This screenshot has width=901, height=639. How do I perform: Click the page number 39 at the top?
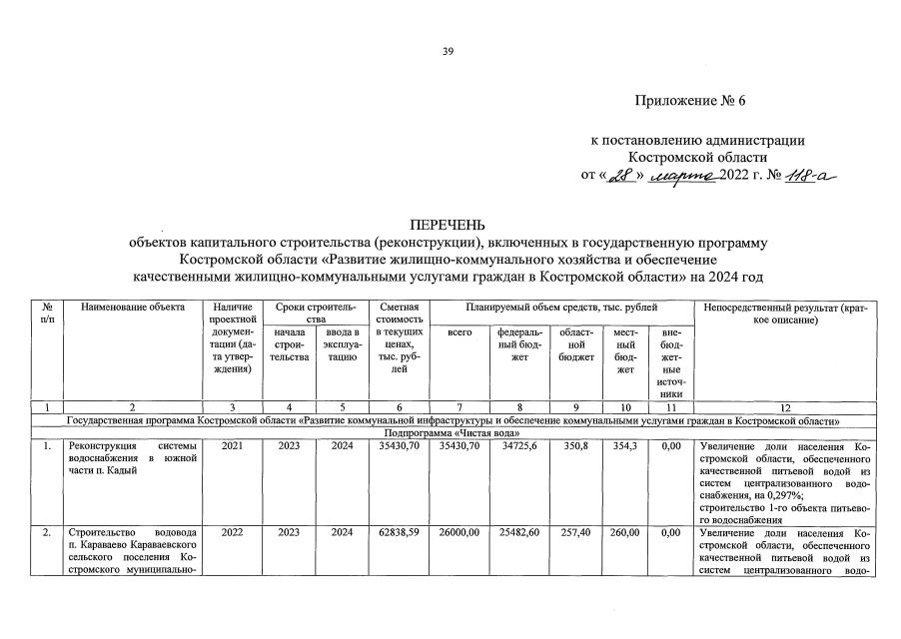pyautogui.click(x=449, y=52)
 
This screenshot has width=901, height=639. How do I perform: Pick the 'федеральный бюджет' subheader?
pyautogui.click(x=518, y=343)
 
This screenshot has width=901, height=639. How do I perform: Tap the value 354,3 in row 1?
pyautogui.click(x=625, y=446)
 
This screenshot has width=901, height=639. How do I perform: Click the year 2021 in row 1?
pyautogui.click(x=230, y=446)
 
